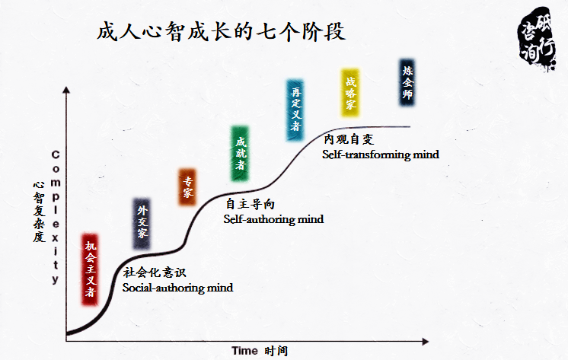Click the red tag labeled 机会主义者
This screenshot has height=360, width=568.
(x=91, y=269)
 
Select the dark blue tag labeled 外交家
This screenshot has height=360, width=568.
(x=142, y=222)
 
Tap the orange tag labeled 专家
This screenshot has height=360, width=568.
(x=187, y=187)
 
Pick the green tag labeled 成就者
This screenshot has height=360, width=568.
(x=241, y=153)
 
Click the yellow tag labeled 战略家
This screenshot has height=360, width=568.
(x=350, y=92)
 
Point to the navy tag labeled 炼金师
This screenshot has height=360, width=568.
(x=408, y=82)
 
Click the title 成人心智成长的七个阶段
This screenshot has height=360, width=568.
(x=222, y=32)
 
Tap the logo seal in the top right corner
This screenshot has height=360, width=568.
(x=538, y=39)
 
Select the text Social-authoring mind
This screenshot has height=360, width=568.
(x=177, y=288)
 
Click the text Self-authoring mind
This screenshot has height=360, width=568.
(x=273, y=219)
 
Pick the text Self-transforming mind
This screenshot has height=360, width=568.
(x=380, y=155)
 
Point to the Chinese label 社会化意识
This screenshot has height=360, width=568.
(x=155, y=272)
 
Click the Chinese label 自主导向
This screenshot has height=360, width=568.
(x=249, y=204)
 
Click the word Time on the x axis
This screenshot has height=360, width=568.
(x=244, y=350)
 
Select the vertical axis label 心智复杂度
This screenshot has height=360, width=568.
(x=37, y=211)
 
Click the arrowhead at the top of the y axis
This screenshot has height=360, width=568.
(x=68, y=90)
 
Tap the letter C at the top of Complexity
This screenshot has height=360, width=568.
(x=56, y=155)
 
